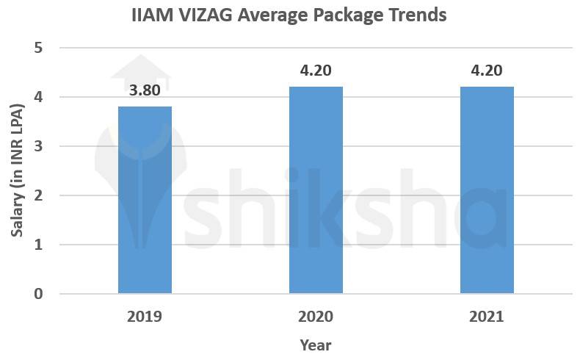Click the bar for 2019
145,200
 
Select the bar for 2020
316,190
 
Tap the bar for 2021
487,190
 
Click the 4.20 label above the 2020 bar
316,72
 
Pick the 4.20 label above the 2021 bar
487,72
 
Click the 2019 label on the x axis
145,317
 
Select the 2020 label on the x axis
316,317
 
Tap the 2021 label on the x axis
487,317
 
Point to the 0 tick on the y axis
38,294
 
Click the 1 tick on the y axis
38,245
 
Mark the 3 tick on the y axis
38,146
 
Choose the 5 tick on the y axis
38,48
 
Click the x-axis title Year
315,345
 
